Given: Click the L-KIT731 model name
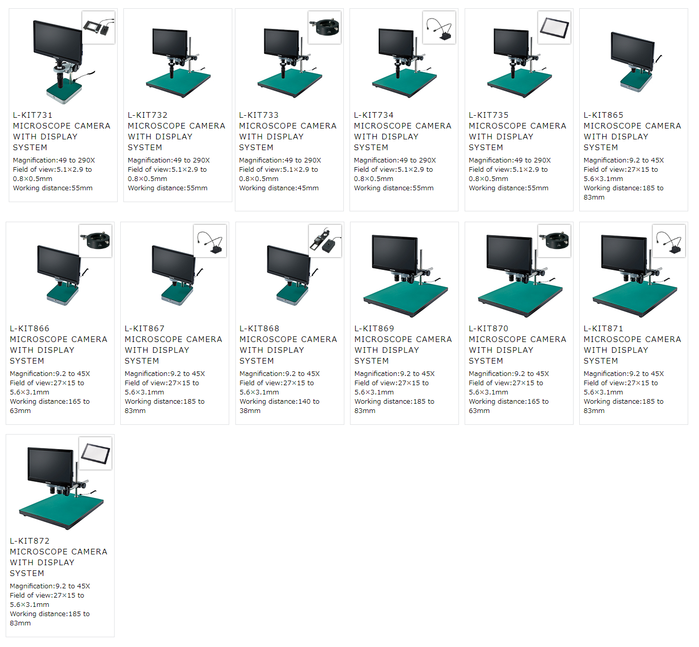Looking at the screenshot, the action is pos(32,115).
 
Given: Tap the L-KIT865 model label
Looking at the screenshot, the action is pos(603,115).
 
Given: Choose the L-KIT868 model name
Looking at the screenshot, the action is pos(259,329).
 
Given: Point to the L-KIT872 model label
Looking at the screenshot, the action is pos(29,541).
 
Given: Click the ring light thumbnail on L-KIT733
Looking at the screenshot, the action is pos(324,27).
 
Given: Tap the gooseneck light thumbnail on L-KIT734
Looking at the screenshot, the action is pos(439,27).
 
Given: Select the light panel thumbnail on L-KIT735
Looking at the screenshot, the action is pos(554,27).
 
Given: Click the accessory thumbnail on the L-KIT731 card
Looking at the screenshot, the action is pos(98,27).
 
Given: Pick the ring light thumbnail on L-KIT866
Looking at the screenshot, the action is pos(95,241).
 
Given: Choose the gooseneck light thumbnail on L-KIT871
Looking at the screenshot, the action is pos(669,241).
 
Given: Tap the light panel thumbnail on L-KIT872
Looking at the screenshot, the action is pos(95,453).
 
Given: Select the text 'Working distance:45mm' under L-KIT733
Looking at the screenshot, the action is pos(279,188).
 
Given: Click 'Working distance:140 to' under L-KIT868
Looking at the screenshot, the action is pos(279,402).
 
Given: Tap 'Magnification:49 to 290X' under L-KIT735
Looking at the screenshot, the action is pos(509,160).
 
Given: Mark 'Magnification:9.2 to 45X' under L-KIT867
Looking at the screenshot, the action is pos(164,374).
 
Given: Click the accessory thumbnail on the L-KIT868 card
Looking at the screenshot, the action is pos(324,241).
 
